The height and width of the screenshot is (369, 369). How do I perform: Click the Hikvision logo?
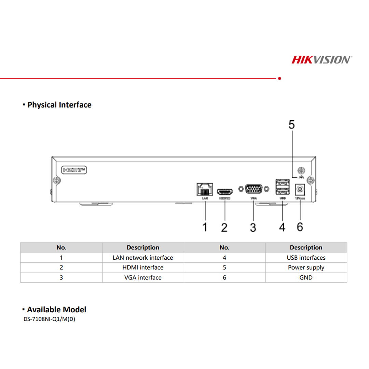pos(321,59)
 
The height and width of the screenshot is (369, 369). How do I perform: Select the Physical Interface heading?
pos(59,105)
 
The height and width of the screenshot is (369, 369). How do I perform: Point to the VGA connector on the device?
pos(254,189)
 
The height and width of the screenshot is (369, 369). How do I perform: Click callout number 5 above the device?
pos(291,125)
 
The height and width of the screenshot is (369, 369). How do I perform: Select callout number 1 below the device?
pos(205,227)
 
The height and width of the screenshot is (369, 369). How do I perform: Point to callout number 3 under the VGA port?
pos(253,227)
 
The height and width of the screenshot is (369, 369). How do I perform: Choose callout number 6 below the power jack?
pos(300,227)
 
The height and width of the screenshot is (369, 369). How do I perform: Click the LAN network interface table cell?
pos(143,258)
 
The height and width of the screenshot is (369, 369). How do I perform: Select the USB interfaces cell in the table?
pos(306,258)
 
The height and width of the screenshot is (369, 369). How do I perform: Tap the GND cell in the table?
pos(306,277)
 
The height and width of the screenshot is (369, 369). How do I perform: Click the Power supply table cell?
pos(306,268)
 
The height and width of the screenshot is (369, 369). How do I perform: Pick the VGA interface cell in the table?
pos(143,277)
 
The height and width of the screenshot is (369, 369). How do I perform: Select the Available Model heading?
pos(56,310)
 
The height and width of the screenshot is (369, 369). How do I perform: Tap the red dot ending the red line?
pos(279,78)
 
